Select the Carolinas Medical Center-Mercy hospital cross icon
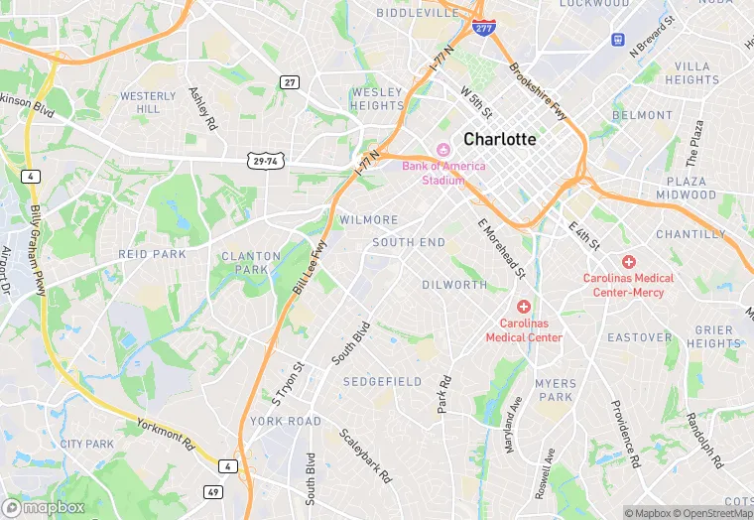click(629, 261)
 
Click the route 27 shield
click(289, 82)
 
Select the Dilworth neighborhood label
click(454, 285)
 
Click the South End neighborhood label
click(409, 242)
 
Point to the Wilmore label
click(369, 220)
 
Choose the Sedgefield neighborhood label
click(382, 382)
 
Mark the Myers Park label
click(555, 390)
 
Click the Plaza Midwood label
click(687, 189)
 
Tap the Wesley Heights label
click(377, 99)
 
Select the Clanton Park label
click(244, 263)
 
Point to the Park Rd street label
click(443, 394)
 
